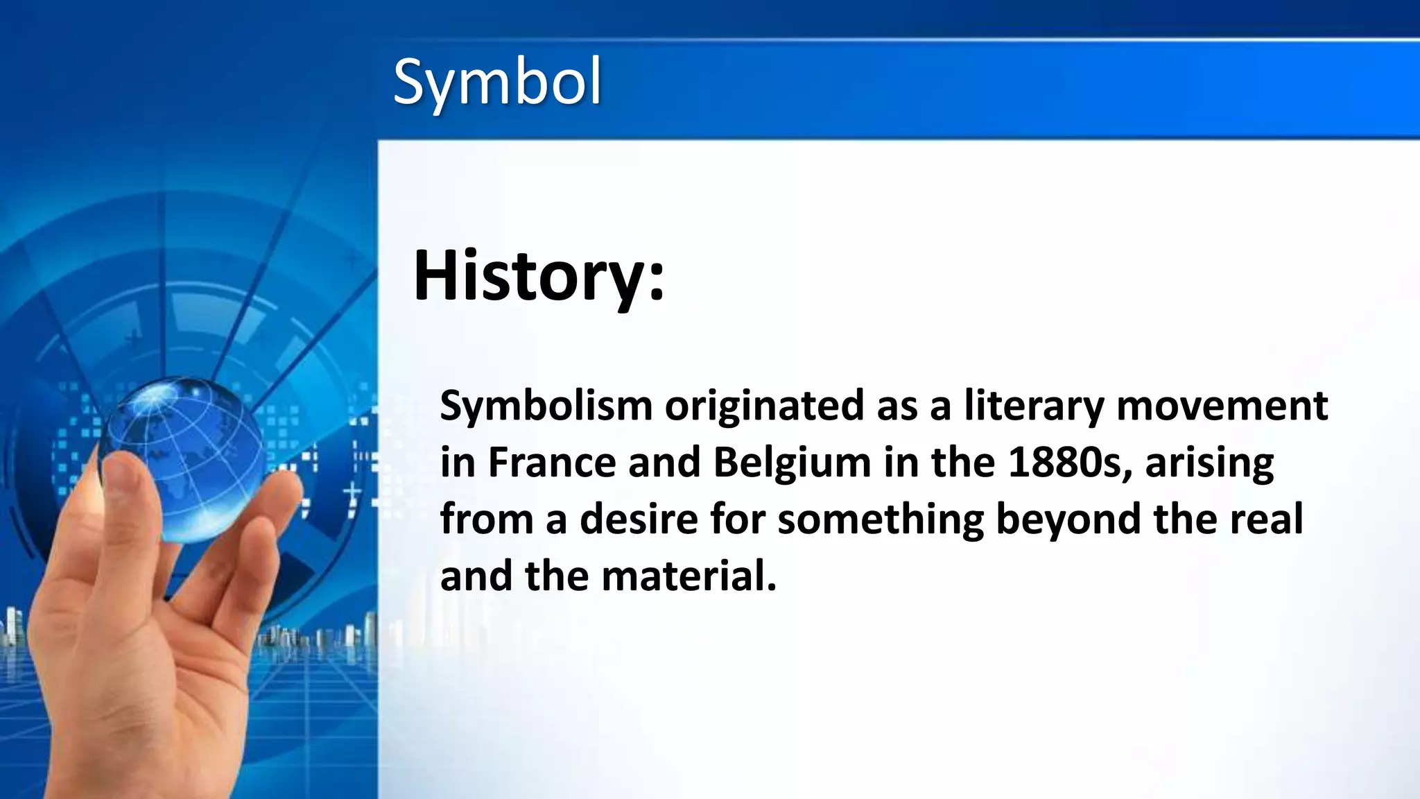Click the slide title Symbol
click(497, 83)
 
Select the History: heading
click(538, 275)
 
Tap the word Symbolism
click(546, 406)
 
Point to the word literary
click(1034, 407)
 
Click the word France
click(552, 463)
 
